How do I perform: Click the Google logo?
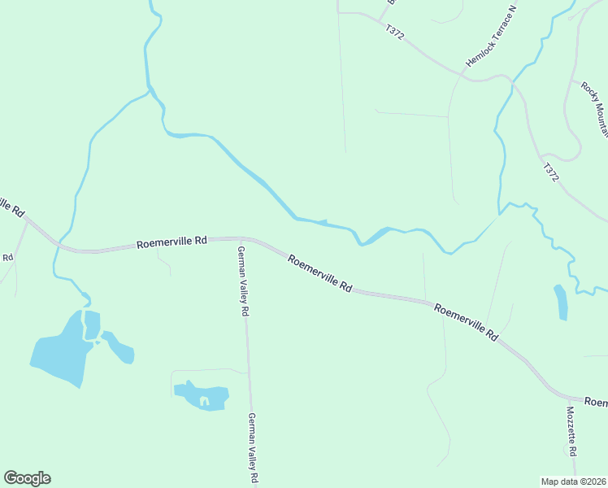(27, 478)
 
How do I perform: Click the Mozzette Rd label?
(571, 431)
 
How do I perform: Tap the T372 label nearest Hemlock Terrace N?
(395, 33)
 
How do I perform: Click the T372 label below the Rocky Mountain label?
(552, 172)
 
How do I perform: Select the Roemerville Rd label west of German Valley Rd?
(172, 242)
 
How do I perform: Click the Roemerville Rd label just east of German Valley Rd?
(320, 273)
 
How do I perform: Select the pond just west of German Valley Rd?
(201, 395)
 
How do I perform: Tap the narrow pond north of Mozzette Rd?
(560, 302)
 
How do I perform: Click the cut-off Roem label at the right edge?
(596, 403)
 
